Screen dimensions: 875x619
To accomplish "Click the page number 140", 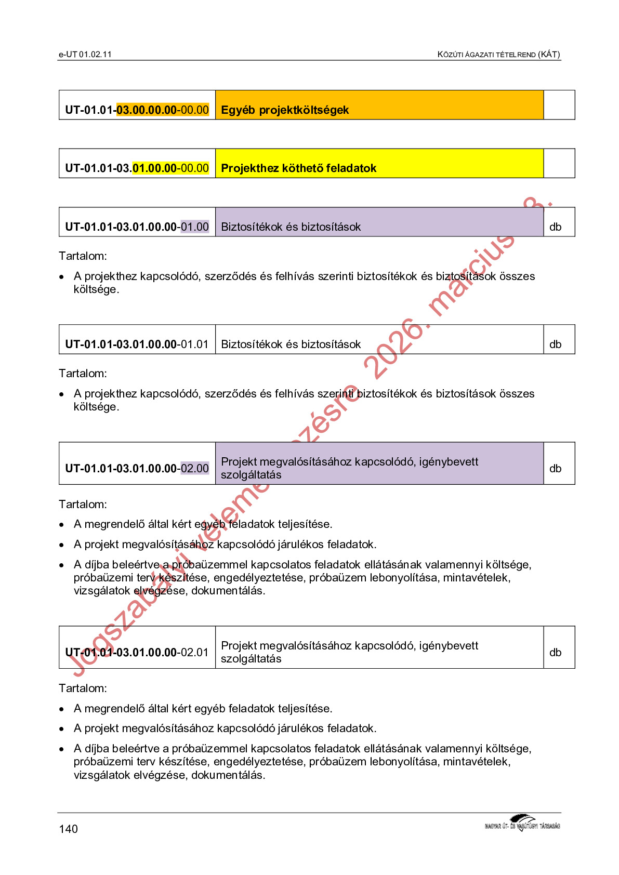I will (x=68, y=829).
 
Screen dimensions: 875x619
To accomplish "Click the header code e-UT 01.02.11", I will (x=85, y=55).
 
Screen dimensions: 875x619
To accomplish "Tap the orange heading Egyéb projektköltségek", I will (x=285, y=110).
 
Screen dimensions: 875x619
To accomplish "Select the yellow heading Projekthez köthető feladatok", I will (x=298, y=168).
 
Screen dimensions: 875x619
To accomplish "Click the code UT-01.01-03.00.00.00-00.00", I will (x=137, y=110).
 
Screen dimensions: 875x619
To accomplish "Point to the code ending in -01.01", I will (x=137, y=344).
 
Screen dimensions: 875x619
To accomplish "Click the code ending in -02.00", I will (x=137, y=469).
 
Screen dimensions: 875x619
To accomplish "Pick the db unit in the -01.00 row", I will (x=555, y=227).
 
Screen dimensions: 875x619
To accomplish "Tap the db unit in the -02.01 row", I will (x=555, y=653).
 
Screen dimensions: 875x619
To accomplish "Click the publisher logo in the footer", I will (x=522, y=823).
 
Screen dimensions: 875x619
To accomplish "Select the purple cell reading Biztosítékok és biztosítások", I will (x=291, y=227).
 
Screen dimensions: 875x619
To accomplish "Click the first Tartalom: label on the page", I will (x=83, y=256).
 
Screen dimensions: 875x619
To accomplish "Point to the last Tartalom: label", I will (x=83, y=688).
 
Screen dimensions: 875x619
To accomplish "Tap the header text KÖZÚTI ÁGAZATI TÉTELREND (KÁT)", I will (x=498, y=55).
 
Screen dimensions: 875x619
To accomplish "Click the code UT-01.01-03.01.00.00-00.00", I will (x=137, y=168).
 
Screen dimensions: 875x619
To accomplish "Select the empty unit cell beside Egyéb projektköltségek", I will (x=559, y=105).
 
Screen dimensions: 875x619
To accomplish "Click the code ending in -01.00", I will (x=137, y=227).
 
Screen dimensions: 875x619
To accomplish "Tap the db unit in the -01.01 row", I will (x=555, y=344).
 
